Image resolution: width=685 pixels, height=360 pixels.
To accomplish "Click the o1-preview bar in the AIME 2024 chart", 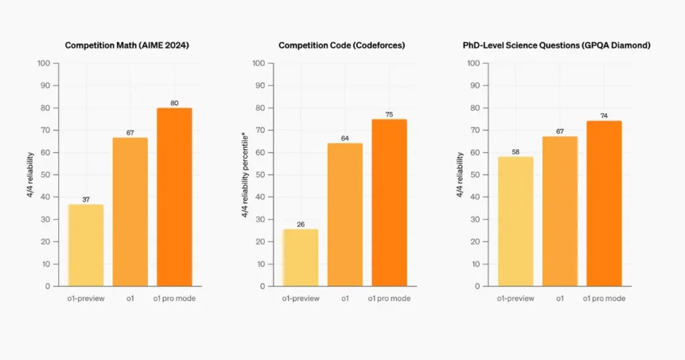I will (x=86, y=245).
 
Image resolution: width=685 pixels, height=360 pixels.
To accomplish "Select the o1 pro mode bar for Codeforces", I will (x=389, y=202).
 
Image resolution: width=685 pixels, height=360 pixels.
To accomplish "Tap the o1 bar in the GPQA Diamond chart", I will (x=560, y=211).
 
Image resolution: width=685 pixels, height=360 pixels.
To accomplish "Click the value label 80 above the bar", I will (x=175, y=102).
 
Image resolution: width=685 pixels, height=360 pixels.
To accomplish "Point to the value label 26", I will (x=300, y=224).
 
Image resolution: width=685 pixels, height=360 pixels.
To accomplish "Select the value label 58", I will (x=516, y=151).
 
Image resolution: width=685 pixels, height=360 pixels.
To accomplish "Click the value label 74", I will (x=604, y=116).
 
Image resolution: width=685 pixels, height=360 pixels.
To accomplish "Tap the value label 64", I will (x=345, y=139).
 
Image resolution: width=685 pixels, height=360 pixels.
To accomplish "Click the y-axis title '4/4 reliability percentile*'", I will (x=246, y=175).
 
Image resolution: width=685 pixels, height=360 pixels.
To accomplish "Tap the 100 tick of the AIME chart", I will (x=43, y=64).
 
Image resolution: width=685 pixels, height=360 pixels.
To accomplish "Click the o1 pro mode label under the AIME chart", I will (x=175, y=298).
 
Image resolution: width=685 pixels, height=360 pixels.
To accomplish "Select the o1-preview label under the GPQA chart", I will (x=516, y=298).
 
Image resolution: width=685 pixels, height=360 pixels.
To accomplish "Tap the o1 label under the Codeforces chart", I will (x=345, y=298).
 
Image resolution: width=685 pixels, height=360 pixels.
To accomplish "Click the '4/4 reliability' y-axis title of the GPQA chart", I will (x=460, y=175).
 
